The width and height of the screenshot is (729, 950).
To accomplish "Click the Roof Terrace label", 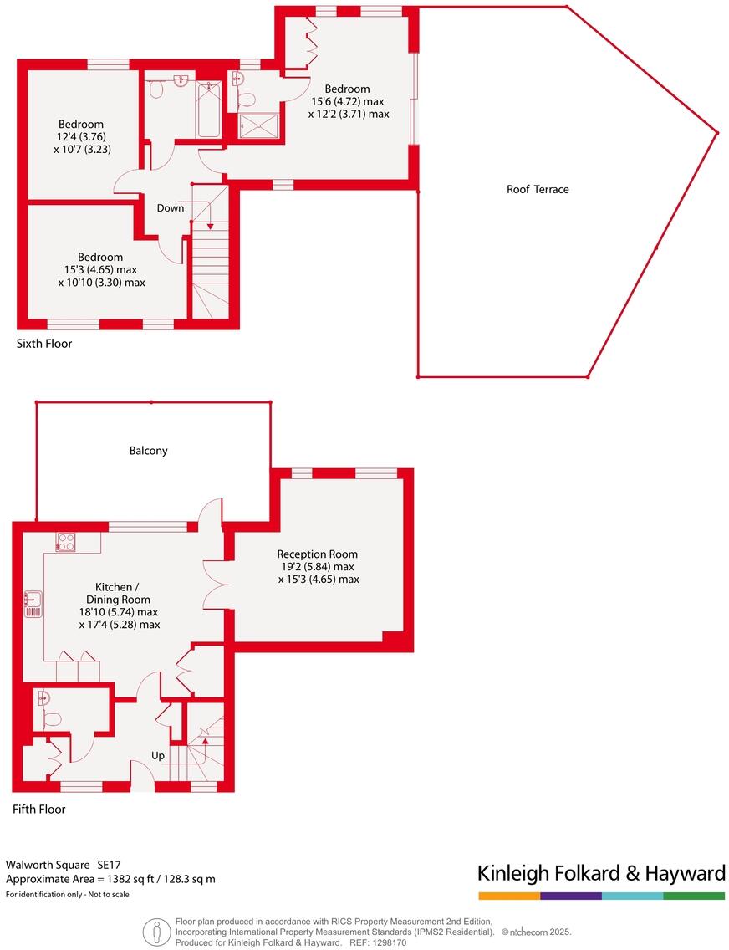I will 538,190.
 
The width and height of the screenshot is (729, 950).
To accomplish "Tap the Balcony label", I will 148,451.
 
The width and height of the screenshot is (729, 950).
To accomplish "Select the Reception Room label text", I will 317,554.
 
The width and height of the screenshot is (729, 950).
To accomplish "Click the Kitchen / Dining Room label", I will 119,593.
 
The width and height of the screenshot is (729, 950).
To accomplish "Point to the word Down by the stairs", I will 170,208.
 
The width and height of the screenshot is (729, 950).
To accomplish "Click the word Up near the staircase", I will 157,756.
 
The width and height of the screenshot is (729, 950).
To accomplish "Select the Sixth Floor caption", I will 44,344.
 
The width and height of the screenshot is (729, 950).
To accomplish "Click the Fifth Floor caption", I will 38,810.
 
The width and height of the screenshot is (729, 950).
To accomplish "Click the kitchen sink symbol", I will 33,604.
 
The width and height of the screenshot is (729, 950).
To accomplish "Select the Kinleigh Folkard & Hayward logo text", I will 600,874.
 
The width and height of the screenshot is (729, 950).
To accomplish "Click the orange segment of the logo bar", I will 508,896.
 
